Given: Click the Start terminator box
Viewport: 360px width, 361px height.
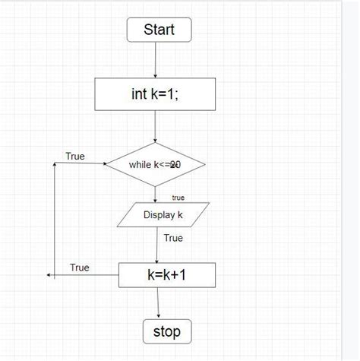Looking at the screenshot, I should [159, 30].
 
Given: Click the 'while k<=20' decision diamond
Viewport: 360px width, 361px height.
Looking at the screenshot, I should [155, 163].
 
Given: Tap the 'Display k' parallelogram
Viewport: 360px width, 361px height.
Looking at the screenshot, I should [163, 215].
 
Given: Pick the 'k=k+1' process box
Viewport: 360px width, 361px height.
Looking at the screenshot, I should [167, 275].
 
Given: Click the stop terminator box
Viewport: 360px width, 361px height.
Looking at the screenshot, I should [167, 331].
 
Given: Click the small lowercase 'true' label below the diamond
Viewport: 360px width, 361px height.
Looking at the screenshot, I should [178, 198].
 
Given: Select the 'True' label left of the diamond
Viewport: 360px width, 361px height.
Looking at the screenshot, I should [75, 156].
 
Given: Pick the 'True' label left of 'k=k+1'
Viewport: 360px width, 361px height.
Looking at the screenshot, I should [80, 268].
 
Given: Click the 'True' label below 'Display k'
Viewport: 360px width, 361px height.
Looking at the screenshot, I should [174, 238].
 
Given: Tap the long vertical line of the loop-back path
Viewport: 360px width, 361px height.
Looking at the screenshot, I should [55, 220].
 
